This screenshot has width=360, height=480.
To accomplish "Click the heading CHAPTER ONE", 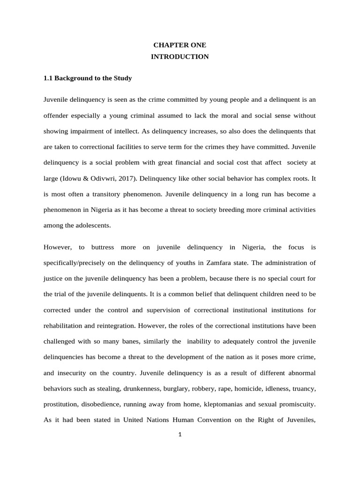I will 180,45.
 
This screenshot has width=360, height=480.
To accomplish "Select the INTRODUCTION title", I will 180,57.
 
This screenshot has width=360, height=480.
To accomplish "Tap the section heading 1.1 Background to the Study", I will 88,78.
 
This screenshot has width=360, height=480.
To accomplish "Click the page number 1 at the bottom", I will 180,434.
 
